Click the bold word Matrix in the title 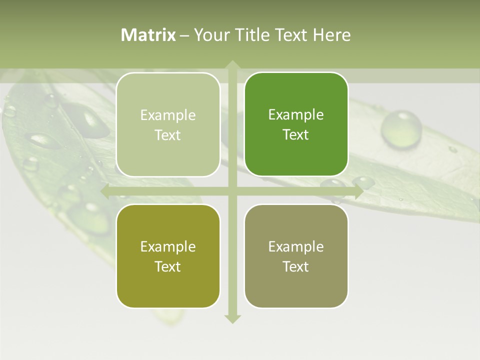[148, 35]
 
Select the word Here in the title [331, 35]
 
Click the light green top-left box [168, 124]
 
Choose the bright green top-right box [296, 124]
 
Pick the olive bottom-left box [168, 256]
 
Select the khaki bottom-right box [296, 256]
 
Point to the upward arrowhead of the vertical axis [232, 64]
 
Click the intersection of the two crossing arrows [232, 191]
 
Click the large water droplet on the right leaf [401, 128]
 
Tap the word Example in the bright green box [296, 115]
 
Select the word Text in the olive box [168, 266]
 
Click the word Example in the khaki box [296, 246]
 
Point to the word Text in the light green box [168, 135]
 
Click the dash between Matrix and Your [184, 35]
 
